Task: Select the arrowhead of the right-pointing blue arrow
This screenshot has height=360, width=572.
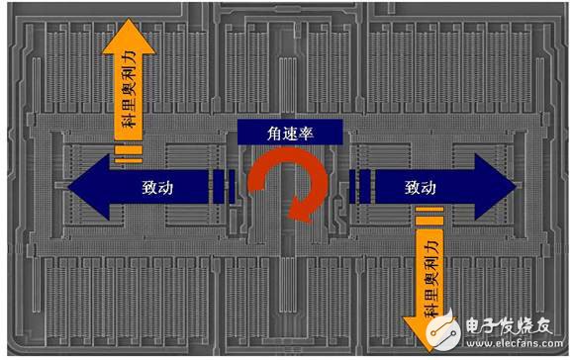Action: point(498,185)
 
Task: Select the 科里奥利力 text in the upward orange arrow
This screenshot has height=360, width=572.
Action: point(126,94)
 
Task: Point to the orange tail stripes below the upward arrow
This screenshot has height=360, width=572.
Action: point(126,153)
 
